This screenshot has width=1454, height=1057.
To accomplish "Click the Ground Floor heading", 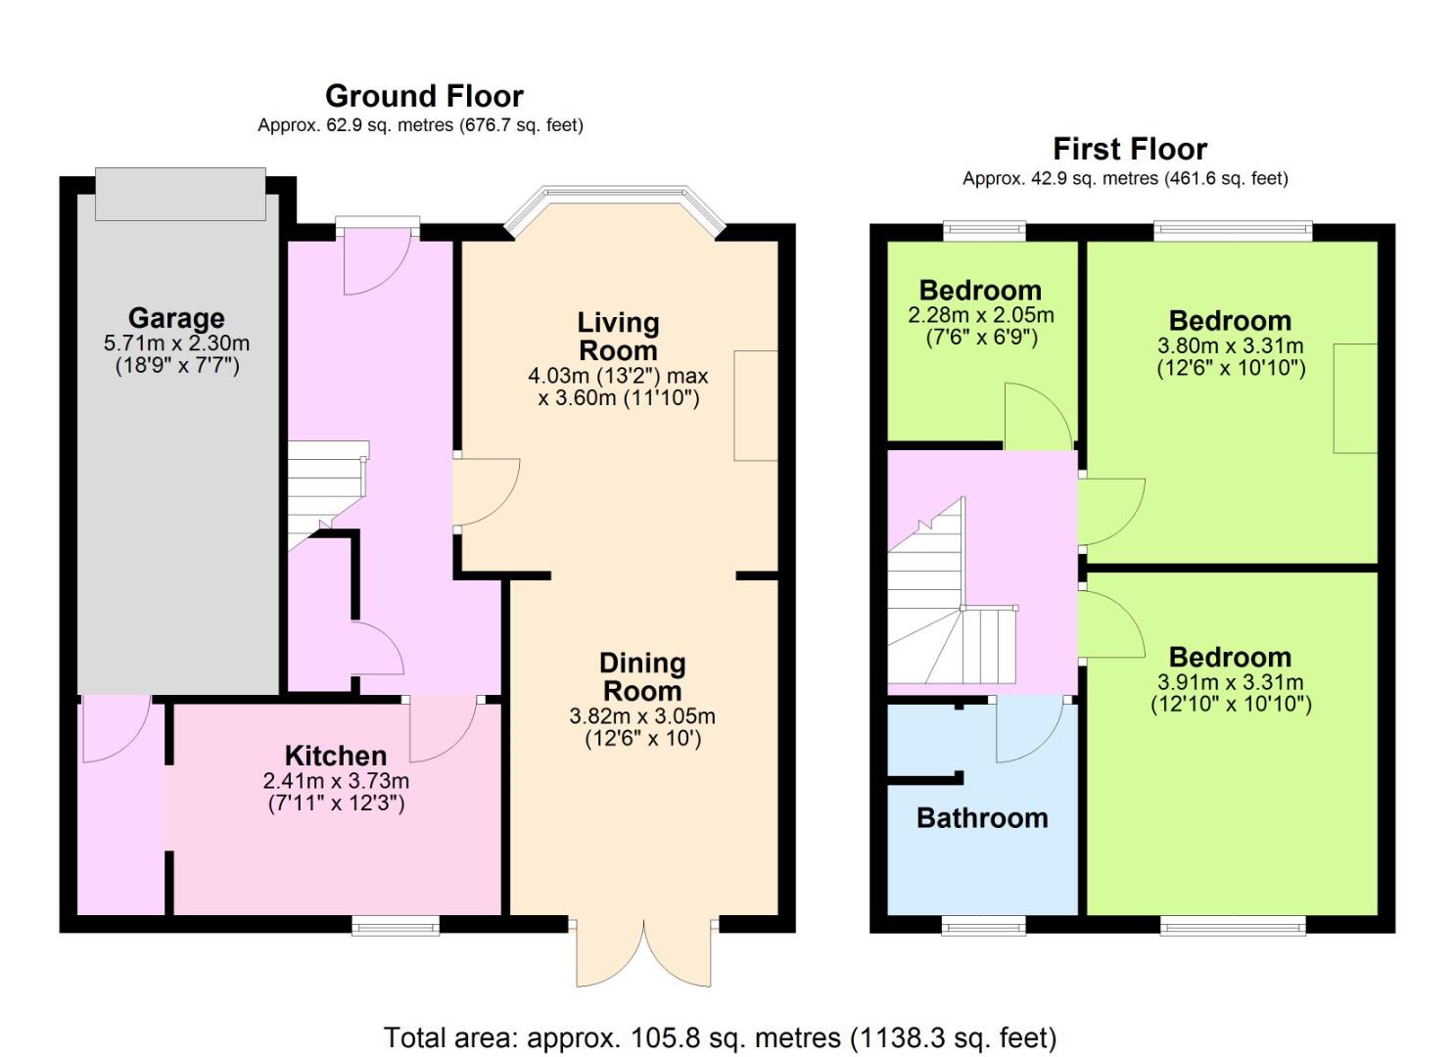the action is (x=424, y=97).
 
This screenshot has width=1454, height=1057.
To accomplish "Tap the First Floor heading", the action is (x=1130, y=149).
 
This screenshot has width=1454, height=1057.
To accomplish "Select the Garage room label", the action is (x=176, y=318).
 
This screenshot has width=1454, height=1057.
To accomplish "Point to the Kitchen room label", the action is (x=336, y=756).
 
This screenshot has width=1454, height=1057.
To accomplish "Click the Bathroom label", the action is (x=982, y=818).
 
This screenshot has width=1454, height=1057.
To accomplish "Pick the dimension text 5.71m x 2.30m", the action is (x=176, y=344).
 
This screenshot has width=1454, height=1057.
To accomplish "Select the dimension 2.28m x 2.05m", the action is (x=981, y=315).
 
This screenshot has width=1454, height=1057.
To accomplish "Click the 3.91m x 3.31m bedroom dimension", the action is (x=1231, y=682).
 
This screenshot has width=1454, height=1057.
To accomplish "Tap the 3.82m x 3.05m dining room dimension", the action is (x=642, y=716).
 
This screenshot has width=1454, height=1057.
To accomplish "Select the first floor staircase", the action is (x=953, y=591).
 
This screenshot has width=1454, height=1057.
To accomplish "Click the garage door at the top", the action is (x=180, y=194).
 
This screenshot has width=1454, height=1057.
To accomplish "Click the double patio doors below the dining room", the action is (x=644, y=951).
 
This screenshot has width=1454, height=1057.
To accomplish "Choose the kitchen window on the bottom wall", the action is (x=396, y=926).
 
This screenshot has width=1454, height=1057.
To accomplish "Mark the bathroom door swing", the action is (x=1030, y=731).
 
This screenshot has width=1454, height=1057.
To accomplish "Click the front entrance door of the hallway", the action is (x=378, y=258).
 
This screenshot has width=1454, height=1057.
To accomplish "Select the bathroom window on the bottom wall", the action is (x=983, y=926).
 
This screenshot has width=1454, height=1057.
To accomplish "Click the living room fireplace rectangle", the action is (x=756, y=405).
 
